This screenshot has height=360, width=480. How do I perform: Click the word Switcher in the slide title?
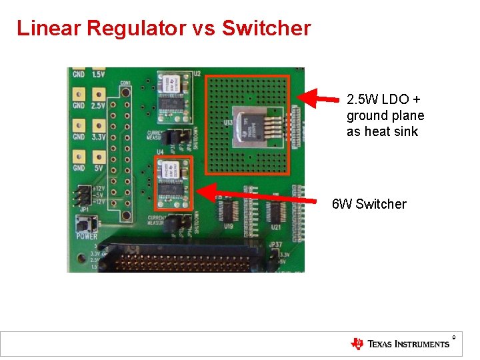[266, 29]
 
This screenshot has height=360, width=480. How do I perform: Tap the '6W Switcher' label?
[369, 204]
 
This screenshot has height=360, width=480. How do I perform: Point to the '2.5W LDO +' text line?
[383, 99]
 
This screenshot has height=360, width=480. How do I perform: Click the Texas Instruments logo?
[400, 344]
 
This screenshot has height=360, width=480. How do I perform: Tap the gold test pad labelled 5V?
[98, 156]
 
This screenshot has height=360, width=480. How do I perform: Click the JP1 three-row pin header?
[84, 195]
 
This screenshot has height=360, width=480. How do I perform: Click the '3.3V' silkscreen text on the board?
[98, 137]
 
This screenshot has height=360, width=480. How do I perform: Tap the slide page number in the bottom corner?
[453, 337]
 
